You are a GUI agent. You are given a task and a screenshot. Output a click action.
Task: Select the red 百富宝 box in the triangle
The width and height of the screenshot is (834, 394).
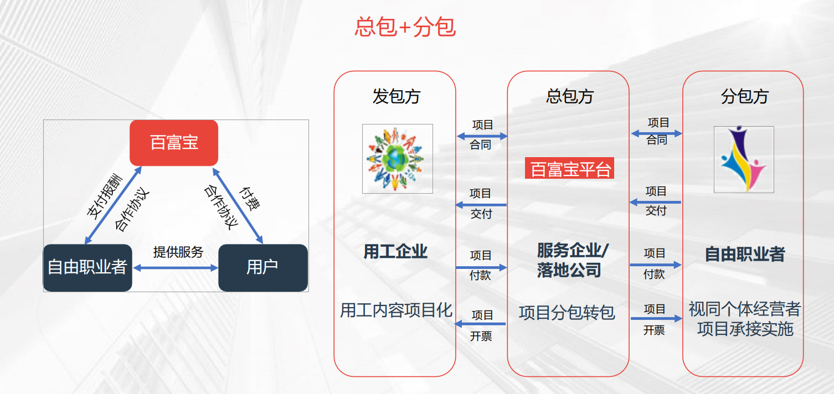[x=174, y=143]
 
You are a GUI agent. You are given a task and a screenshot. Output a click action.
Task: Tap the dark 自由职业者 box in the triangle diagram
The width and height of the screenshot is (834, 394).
[x=87, y=268]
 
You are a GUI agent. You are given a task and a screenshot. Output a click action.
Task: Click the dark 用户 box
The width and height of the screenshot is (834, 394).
[x=262, y=268]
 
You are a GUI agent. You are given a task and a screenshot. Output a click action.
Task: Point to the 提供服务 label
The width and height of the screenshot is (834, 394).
[x=178, y=252]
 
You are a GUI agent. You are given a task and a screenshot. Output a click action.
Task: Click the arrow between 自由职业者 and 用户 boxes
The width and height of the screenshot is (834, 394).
[x=176, y=268]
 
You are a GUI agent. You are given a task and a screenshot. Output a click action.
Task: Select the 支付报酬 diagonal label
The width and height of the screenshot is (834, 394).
[x=104, y=195]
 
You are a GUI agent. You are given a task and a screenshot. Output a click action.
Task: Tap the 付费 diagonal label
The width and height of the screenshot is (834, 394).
[x=249, y=198]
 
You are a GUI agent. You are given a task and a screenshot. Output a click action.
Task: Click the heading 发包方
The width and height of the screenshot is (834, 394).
[x=396, y=96]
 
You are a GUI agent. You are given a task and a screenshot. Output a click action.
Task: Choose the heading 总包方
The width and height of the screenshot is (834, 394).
[x=570, y=96]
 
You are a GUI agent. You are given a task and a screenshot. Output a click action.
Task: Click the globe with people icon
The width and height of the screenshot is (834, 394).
[x=397, y=159]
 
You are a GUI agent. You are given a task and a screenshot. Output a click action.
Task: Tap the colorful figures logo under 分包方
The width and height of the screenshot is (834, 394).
[x=744, y=159]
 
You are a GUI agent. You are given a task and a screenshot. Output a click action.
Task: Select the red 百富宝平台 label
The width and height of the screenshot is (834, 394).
[x=570, y=169]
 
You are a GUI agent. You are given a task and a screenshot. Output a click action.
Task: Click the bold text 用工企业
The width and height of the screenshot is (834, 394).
[x=395, y=252]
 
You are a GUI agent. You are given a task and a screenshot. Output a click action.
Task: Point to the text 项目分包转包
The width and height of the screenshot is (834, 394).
[x=567, y=313]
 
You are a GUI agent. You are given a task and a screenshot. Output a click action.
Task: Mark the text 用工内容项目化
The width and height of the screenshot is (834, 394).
[x=396, y=310]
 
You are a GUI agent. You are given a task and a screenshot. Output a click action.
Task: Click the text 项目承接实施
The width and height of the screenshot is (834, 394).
[x=745, y=329]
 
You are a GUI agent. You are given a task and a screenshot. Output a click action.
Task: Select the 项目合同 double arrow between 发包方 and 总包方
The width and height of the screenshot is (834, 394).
[x=482, y=136]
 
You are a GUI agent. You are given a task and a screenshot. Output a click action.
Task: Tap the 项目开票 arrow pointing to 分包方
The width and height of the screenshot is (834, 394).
[x=656, y=319]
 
